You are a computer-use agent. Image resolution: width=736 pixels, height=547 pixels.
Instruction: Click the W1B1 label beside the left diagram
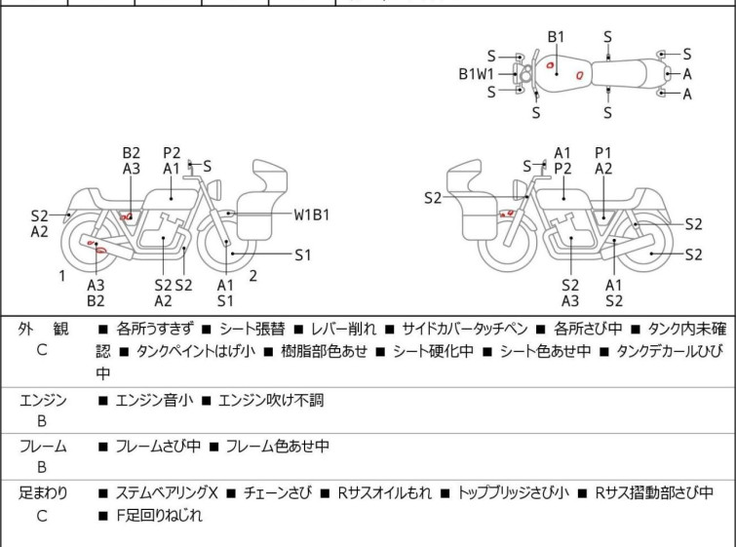(x=312, y=214)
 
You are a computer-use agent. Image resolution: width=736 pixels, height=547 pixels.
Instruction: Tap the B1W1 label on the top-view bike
(x=477, y=73)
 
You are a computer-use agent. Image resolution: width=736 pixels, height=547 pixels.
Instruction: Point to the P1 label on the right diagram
(x=603, y=152)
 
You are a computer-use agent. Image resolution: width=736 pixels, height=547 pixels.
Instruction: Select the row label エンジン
(x=43, y=400)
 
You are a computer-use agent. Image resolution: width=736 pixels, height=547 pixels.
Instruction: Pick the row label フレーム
(x=43, y=447)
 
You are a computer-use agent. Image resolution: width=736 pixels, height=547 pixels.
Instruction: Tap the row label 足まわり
(x=43, y=493)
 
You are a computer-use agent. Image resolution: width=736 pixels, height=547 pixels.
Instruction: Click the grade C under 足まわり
(x=42, y=517)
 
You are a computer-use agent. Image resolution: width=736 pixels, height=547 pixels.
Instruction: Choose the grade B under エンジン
(x=42, y=423)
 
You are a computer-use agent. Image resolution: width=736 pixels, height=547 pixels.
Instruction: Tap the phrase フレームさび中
(x=158, y=447)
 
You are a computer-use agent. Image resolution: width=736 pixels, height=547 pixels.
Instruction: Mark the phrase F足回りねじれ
(x=159, y=517)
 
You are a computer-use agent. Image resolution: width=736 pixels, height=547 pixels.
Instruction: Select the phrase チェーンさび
(x=279, y=493)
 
